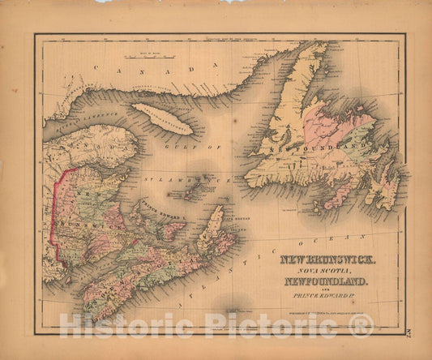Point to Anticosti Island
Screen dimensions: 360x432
point(163,118)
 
